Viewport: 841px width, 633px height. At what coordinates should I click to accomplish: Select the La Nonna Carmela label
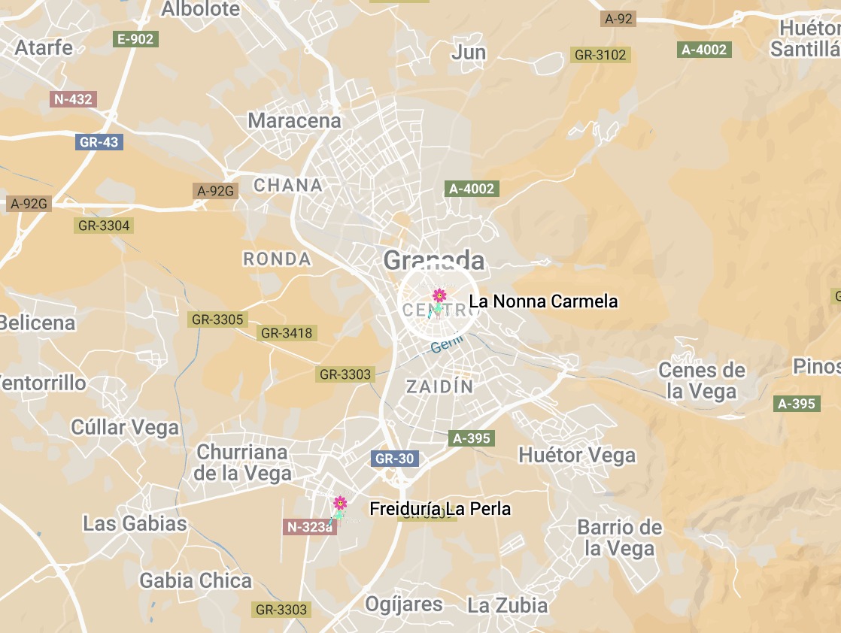point(543,301)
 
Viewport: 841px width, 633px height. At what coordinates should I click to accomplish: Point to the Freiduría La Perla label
point(440,509)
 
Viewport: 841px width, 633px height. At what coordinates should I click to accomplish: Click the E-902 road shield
point(136,39)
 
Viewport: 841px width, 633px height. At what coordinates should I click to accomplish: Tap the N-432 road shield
point(74,98)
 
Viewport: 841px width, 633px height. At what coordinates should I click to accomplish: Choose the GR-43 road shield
point(99,141)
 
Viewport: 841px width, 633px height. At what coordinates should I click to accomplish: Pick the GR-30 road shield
point(395,459)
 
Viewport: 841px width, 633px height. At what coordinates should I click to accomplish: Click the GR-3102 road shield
point(600,55)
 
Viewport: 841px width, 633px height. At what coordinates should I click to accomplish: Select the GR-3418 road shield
point(286,332)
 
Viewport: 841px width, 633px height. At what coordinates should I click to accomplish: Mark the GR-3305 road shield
point(217,320)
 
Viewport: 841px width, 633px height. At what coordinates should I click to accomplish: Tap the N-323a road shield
point(308,527)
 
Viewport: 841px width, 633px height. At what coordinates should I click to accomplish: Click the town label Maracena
point(294,120)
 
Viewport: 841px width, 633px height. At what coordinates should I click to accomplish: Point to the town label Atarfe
point(44,47)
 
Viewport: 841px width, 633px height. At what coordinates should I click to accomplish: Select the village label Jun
point(469,53)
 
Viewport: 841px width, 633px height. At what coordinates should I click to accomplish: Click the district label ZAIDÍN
point(440,387)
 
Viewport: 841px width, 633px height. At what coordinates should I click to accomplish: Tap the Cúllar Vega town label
point(125,428)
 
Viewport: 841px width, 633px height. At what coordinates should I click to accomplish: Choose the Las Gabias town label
point(135,523)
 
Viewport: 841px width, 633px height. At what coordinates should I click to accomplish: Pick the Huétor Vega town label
point(577,455)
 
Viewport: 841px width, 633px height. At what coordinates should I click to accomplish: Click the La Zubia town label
point(508,604)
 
